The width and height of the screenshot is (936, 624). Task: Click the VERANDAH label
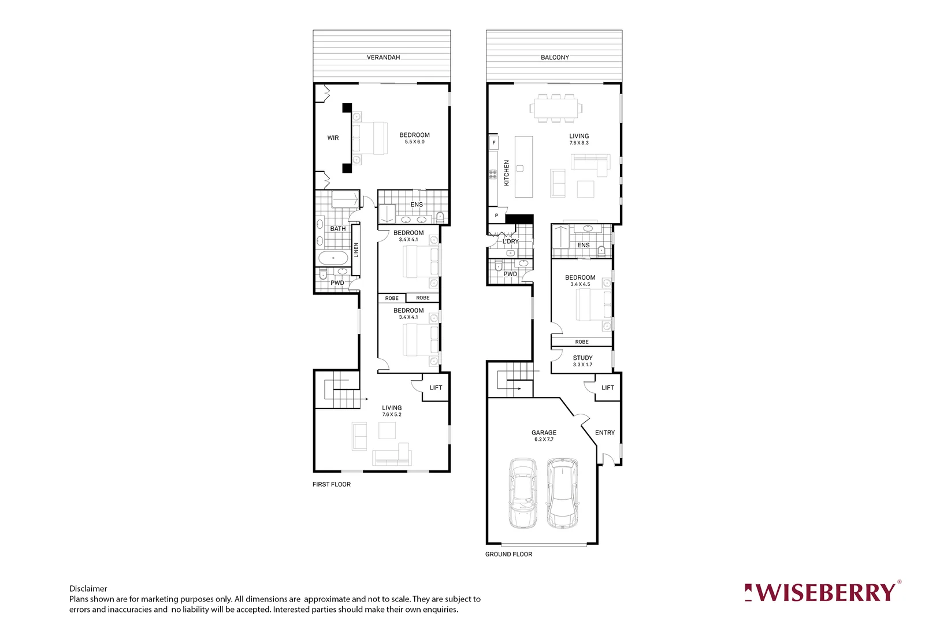(x=383, y=57)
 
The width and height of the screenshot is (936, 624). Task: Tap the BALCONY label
(x=555, y=57)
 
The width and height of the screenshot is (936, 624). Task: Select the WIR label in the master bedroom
(x=333, y=138)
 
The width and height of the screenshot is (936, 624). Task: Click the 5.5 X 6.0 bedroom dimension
(x=414, y=142)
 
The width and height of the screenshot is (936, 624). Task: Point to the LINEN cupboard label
(x=356, y=250)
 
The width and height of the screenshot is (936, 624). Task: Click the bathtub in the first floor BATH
(x=333, y=258)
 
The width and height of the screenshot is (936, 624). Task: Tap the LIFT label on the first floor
(x=436, y=388)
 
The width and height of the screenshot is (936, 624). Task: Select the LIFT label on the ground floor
(x=607, y=388)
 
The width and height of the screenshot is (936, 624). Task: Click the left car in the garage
(x=523, y=493)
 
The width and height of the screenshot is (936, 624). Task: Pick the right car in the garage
(x=562, y=493)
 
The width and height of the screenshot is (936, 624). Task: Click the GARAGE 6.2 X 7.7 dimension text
(x=544, y=440)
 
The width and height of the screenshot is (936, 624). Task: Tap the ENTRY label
(x=604, y=432)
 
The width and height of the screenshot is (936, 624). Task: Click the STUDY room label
(x=582, y=358)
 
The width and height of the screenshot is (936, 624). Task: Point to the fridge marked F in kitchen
(x=494, y=143)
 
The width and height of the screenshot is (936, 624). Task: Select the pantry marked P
(x=496, y=216)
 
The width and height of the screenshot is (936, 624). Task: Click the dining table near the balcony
(x=555, y=108)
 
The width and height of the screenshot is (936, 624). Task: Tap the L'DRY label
(x=511, y=242)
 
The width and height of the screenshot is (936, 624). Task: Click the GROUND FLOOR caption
(x=508, y=554)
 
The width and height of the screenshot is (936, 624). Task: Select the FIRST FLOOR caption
(x=331, y=484)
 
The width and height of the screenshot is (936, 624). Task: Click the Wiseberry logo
(x=822, y=593)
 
